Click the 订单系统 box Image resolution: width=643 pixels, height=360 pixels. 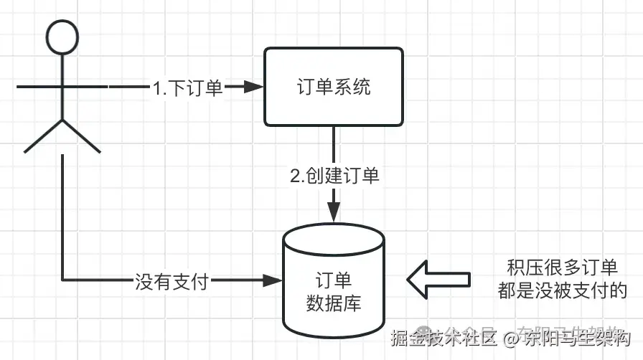(334, 87)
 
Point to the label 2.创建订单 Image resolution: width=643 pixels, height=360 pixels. (334, 176)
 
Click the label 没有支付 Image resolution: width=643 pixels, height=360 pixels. (172, 280)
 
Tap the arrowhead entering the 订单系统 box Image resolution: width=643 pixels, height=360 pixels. (253, 87)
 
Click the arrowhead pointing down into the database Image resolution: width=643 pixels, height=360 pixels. (334, 213)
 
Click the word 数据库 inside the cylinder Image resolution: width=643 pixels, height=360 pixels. (334, 303)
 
